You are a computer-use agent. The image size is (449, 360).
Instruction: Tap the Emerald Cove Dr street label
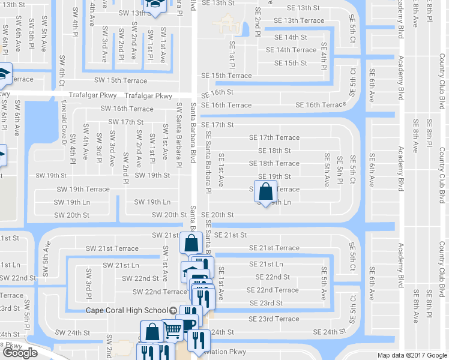tap(63, 126)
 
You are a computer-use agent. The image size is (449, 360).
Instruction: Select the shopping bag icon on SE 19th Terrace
tap(265, 192)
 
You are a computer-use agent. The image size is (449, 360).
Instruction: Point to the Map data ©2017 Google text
tap(412, 355)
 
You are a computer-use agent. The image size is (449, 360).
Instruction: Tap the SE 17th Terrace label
tap(274, 137)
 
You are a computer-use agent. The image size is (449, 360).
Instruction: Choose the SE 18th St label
tap(274, 151)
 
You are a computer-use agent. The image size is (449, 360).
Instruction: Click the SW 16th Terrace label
tap(129, 109)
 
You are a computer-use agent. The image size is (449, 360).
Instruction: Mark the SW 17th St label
tap(125, 122)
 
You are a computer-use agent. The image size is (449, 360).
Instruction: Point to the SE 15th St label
tap(291, 63)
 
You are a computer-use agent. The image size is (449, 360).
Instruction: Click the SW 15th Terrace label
tap(120, 80)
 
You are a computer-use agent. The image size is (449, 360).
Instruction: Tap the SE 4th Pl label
tap(324, 55)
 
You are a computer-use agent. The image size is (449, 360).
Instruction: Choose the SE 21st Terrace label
tap(274, 248)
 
